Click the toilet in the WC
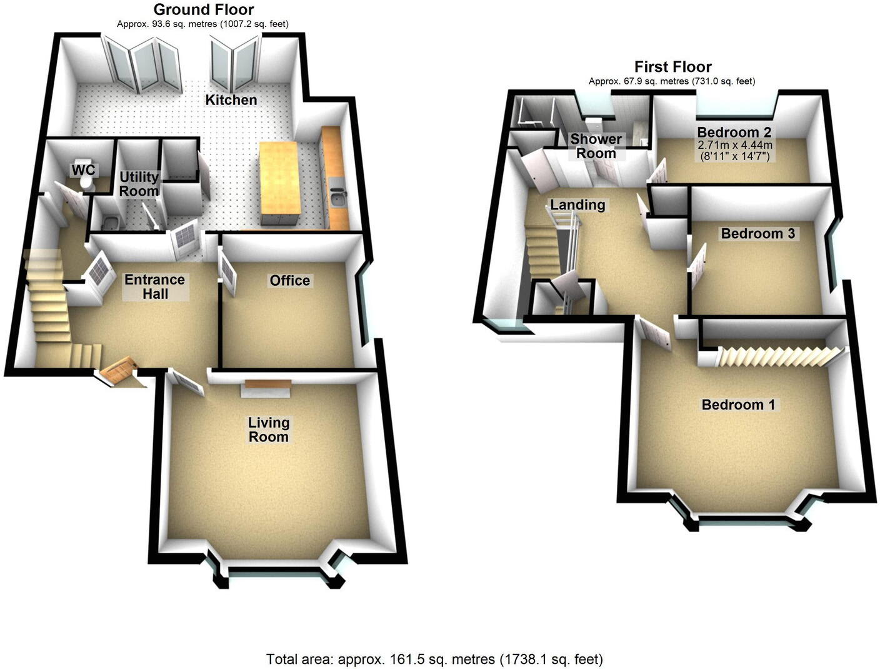[x=86, y=181]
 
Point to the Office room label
[x=289, y=281]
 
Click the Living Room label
[x=269, y=430]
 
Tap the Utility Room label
[x=139, y=184]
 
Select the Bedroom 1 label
[x=738, y=405]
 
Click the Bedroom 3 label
[x=757, y=233]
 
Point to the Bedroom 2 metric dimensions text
[x=734, y=145]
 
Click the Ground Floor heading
[x=203, y=9]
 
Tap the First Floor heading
[x=672, y=66]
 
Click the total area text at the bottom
[x=434, y=659]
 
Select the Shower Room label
[x=596, y=146]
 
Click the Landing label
[x=577, y=204]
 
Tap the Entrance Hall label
[x=154, y=286]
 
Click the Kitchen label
[x=231, y=100]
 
